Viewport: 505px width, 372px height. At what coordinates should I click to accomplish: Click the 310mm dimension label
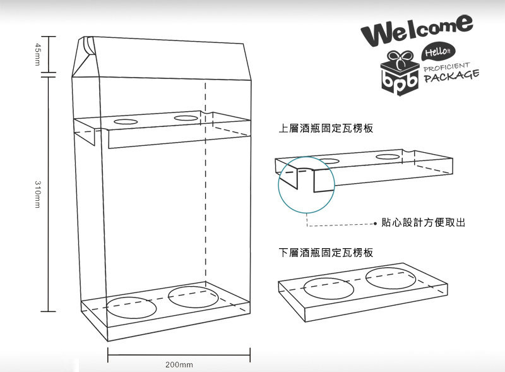37,193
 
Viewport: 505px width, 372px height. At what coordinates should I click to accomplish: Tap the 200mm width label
179,365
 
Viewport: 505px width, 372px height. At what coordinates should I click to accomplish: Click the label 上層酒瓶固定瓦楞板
326,128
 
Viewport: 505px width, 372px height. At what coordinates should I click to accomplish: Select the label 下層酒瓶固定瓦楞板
326,253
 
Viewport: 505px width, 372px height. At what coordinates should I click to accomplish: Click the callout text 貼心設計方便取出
423,222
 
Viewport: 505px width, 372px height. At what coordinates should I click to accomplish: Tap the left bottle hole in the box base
131,307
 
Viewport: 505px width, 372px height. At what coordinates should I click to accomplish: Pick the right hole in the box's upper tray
186,117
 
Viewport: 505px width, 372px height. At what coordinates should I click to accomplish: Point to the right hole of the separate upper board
388,156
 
